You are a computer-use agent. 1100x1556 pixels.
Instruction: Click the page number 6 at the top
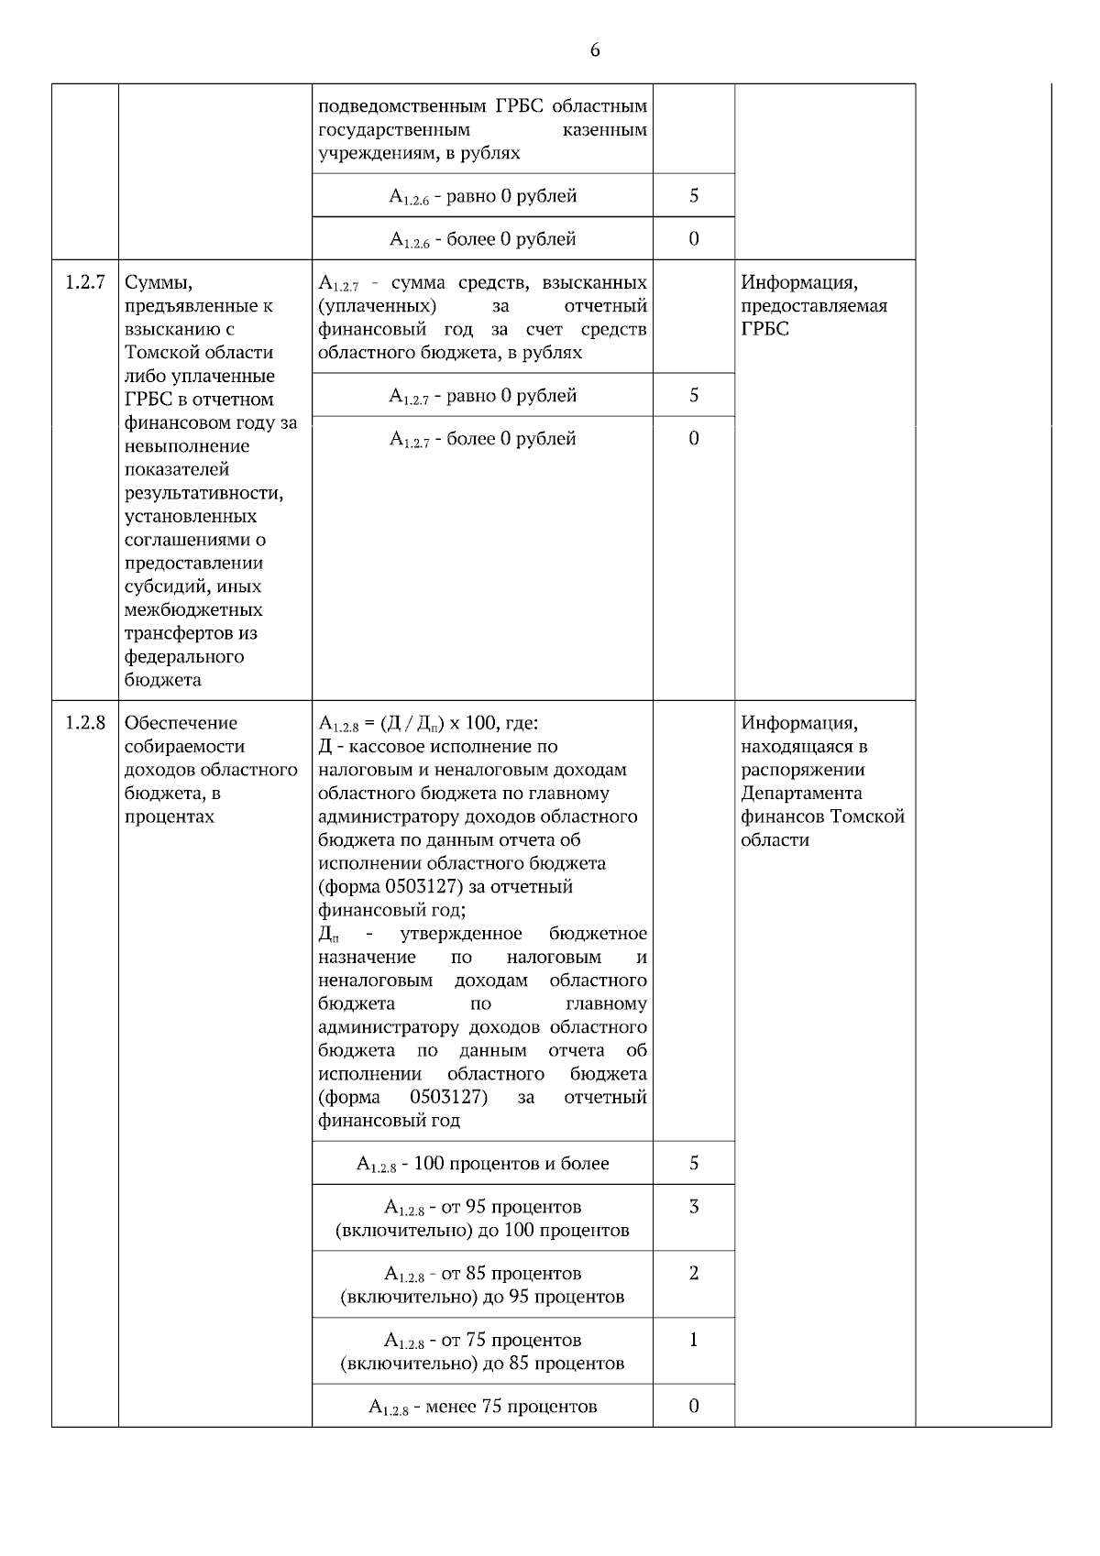pyautogui.click(x=595, y=50)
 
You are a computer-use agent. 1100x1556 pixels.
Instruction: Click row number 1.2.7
pyautogui.click(x=85, y=282)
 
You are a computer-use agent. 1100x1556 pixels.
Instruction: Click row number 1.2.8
pyautogui.click(x=85, y=723)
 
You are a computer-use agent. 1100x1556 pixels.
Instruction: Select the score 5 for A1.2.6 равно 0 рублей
pyautogui.click(x=694, y=195)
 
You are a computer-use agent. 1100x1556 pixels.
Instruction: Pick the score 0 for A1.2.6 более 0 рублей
pyautogui.click(x=694, y=239)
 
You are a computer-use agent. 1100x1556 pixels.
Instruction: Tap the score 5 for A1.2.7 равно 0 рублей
pyautogui.click(x=694, y=395)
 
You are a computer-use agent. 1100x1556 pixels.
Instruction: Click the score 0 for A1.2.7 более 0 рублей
pyautogui.click(x=694, y=438)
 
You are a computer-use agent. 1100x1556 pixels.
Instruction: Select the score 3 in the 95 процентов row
pyautogui.click(x=694, y=1207)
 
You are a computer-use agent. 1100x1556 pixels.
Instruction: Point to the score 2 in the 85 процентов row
pyautogui.click(x=694, y=1273)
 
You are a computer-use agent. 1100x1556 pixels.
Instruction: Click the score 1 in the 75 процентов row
pyautogui.click(x=694, y=1340)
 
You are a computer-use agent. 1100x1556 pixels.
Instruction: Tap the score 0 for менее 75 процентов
pyautogui.click(x=694, y=1406)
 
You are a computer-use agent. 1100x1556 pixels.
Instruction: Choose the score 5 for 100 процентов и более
pyautogui.click(x=694, y=1163)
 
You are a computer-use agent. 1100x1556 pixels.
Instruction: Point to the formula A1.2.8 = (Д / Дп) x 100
pyautogui.click(x=428, y=724)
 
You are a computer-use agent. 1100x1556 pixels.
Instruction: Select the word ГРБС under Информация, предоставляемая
pyautogui.click(x=764, y=329)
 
